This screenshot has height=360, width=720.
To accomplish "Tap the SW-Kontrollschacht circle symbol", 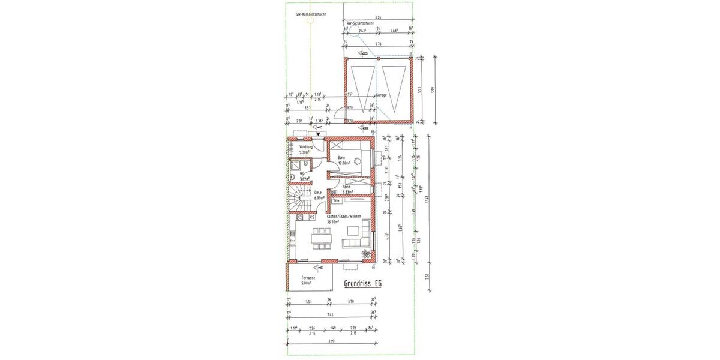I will pyautogui.click(x=310, y=20).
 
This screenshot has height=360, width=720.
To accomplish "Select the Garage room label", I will pyautogui.click(x=382, y=95).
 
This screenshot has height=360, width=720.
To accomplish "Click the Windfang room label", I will pyautogui.click(x=306, y=147).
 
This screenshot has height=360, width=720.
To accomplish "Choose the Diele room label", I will pyautogui.click(x=319, y=193).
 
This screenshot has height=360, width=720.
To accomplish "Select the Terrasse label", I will pyautogui.click(x=309, y=278).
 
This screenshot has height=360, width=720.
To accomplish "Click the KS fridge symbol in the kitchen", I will pyautogui.click(x=320, y=217).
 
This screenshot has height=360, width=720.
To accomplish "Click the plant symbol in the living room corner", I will pyautogui.click(x=365, y=255).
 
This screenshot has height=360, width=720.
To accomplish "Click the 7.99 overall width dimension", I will pyautogui.click(x=331, y=341).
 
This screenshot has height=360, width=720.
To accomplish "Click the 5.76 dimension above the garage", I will pyautogui.click(x=378, y=44).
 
